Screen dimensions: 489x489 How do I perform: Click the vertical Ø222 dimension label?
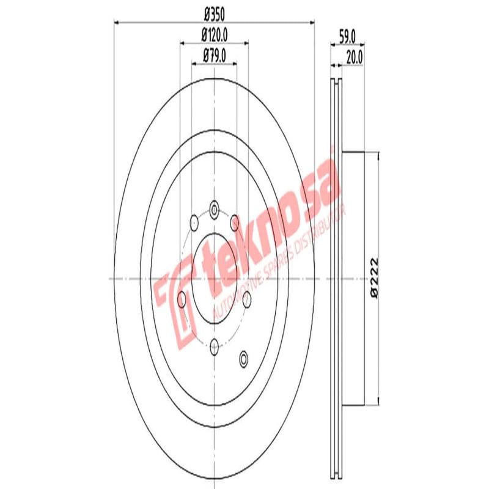374,278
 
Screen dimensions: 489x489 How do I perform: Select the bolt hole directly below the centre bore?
214,347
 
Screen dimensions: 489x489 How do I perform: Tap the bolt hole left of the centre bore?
182,299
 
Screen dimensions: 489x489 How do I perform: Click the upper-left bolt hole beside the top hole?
194,221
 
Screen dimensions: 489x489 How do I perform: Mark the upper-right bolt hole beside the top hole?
234,221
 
